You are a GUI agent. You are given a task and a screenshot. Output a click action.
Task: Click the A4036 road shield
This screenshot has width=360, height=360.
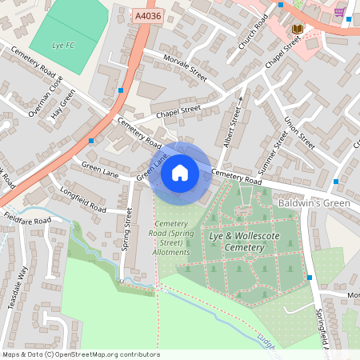147,14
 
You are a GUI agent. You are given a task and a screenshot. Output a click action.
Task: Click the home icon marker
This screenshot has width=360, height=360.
180,173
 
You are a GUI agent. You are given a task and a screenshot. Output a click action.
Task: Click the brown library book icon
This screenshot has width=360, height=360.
298,30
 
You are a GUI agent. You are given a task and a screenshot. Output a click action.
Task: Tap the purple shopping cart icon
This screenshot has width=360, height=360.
340,11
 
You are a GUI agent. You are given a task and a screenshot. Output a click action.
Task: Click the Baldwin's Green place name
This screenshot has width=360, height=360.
314,204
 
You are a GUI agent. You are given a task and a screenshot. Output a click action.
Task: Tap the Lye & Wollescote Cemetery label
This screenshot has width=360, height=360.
235,242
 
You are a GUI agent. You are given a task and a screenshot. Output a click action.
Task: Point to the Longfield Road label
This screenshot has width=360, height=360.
83,199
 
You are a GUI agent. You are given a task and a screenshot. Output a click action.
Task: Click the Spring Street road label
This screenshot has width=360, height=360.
126,230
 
